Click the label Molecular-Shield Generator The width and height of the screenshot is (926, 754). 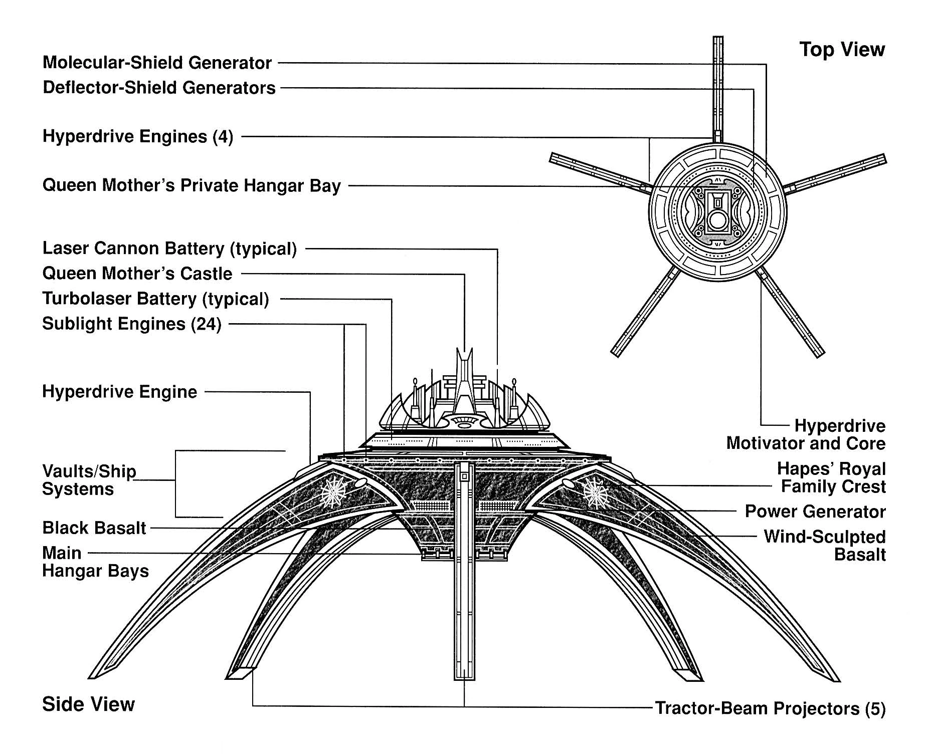[157, 63]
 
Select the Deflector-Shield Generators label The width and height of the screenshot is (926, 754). [159, 88]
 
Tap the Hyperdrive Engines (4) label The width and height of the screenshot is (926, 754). [138, 136]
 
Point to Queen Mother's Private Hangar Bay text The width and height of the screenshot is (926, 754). [192, 185]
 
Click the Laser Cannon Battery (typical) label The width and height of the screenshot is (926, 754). [169, 248]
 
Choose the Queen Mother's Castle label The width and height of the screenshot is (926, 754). [137, 274]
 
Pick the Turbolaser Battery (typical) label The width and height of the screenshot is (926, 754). [155, 299]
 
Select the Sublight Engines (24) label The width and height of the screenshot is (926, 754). [132, 324]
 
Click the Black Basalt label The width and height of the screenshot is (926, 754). [94, 528]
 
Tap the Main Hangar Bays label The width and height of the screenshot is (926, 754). [95, 562]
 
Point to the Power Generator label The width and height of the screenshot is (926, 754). [815, 512]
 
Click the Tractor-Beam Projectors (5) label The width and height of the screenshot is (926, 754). [771, 708]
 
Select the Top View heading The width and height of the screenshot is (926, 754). [842, 50]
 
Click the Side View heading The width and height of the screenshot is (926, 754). [89, 704]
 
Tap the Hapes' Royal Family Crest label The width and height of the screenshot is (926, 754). [832, 477]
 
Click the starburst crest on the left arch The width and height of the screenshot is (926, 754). [333, 492]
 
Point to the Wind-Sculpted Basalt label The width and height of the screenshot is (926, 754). [825, 546]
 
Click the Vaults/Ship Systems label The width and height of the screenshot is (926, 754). [89, 480]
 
